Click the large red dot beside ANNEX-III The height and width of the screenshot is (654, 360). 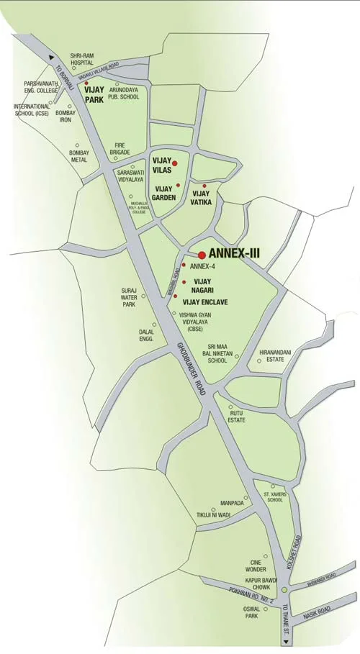point(202,255)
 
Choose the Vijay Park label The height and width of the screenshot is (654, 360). point(94,96)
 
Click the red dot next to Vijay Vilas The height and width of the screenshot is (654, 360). point(174,164)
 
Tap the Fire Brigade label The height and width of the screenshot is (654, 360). point(115,148)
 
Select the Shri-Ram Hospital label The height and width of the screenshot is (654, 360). point(81,59)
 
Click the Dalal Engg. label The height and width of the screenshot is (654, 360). point(147,335)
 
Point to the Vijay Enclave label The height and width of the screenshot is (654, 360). point(205,302)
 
